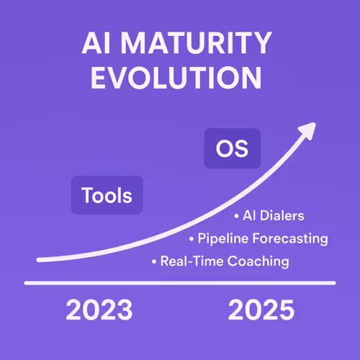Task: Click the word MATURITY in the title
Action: coord(197,43)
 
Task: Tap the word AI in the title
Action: coord(96,43)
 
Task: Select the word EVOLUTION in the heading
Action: coord(176,78)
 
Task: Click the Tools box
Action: coord(107,195)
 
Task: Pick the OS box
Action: coord(233,148)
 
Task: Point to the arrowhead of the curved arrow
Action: coord(307,130)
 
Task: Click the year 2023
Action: coord(99,310)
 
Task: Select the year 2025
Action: coord(261,310)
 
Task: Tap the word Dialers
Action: coord(282,215)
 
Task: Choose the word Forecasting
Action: coord(290,239)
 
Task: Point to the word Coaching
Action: coord(258,261)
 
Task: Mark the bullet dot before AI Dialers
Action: coord(237,216)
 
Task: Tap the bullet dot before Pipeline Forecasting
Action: coord(192,239)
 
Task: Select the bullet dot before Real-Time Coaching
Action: coord(154,261)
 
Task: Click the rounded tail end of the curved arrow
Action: coord(38,260)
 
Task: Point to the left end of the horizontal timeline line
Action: coord(26,283)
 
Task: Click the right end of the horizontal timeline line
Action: coord(334,283)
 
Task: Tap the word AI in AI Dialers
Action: coord(249,215)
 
